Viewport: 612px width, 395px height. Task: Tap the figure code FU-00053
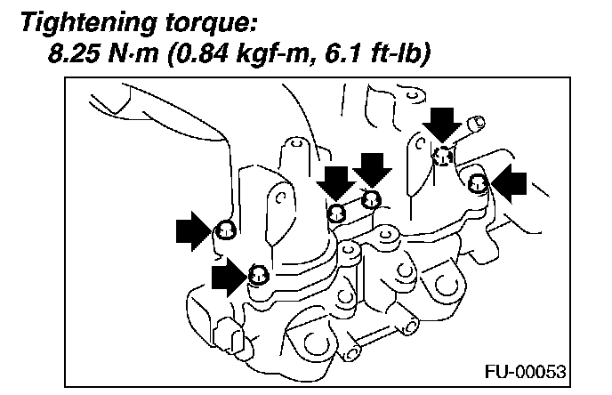[x=529, y=369]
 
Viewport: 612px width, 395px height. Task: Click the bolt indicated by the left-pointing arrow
[x=479, y=185]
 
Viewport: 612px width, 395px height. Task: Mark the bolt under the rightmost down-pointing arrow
[x=442, y=157]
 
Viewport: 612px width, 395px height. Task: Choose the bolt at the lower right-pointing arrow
[x=257, y=273]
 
